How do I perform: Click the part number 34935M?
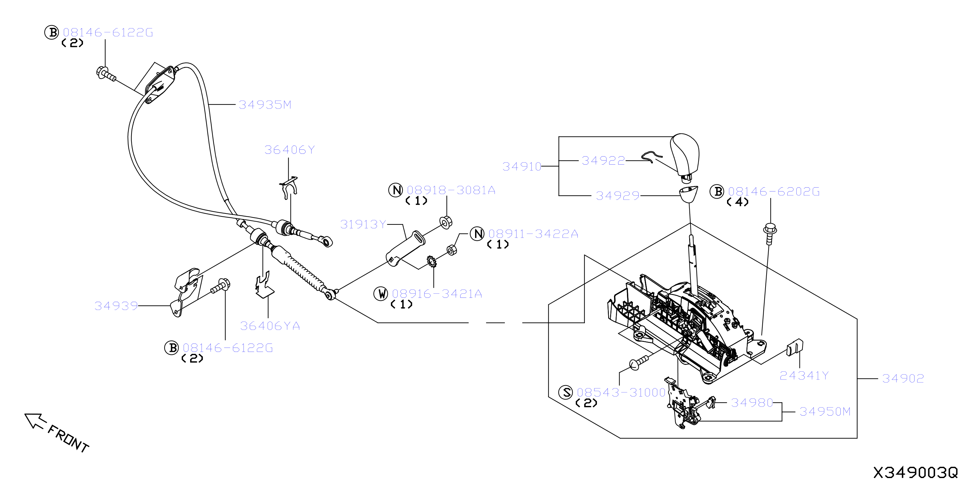pyautogui.click(x=265, y=104)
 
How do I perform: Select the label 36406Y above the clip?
pyautogui.click(x=290, y=150)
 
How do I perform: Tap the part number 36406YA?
pyautogui.click(x=270, y=326)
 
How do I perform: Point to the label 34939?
pyautogui.click(x=116, y=306)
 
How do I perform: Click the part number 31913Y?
pyautogui.click(x=363, y=224)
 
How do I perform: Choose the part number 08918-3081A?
pyautogui.click(x=451, y=191)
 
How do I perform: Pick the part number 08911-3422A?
pyautogui.click(x=533, y=234)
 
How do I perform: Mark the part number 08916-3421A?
pyautogui.click(x=437, y=294)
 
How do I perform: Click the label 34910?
pyautogui.click(x=522, y=167)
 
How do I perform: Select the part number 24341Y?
pyautogui.click(x=804, y=376)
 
